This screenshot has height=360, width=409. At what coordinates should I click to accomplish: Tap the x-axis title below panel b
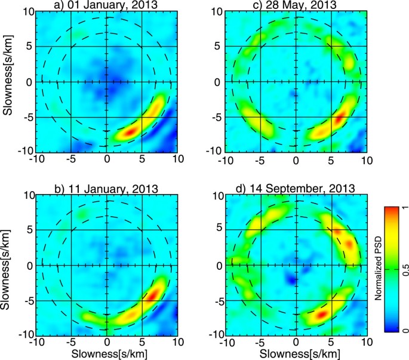coord(106,353)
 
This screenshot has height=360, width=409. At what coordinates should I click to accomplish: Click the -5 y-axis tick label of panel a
coord(28,118)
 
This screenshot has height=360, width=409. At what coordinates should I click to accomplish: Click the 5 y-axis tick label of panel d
coord(219,229)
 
